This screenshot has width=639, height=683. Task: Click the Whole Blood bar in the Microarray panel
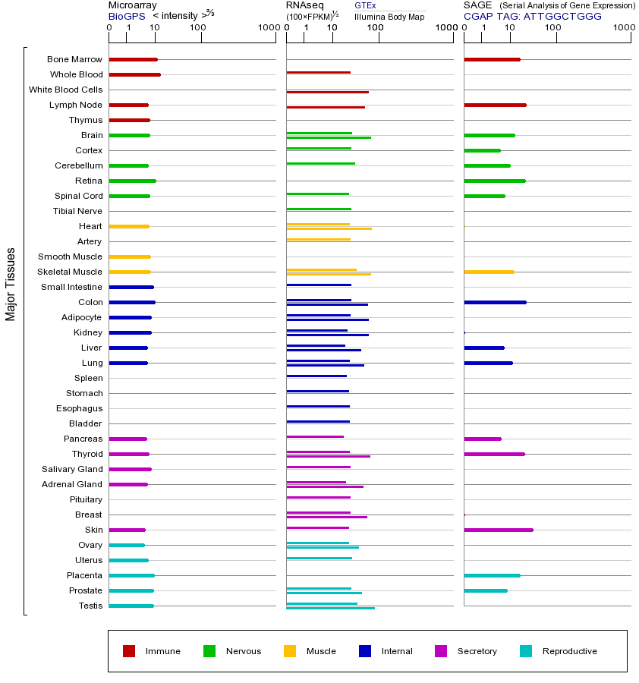click(x=134, y=74)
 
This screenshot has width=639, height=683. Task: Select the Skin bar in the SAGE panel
click(x=498, y=530)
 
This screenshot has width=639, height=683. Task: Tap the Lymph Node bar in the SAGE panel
click(x=495, y=105)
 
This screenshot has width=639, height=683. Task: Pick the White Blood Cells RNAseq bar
click(x=327, y=92)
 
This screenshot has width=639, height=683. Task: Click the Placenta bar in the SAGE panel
click(x=492, y=575)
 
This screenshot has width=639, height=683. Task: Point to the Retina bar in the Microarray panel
click(x=132, y=181)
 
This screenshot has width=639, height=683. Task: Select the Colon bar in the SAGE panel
click(x=495, y=302)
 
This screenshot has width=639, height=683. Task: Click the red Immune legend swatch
click(x=129, y=650)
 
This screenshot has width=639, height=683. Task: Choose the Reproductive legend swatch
click(x=526, y=650)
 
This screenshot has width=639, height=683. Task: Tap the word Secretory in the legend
click(x=477, y=651)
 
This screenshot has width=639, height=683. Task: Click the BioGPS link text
click(x=126, y=16)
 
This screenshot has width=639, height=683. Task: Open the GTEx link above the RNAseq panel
click(x=365, y=5)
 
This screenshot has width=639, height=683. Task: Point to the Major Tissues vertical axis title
click(x=11, y=284)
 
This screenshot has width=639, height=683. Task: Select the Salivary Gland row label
click(x=72, y=469)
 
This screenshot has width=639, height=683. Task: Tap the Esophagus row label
click(x=80, y=408)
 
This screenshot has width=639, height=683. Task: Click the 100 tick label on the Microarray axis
click(x=197, y=28)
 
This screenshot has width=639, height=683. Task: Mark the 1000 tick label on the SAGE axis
click(x=623, y=28)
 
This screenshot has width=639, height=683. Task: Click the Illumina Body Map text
click(x=389, y=17)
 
